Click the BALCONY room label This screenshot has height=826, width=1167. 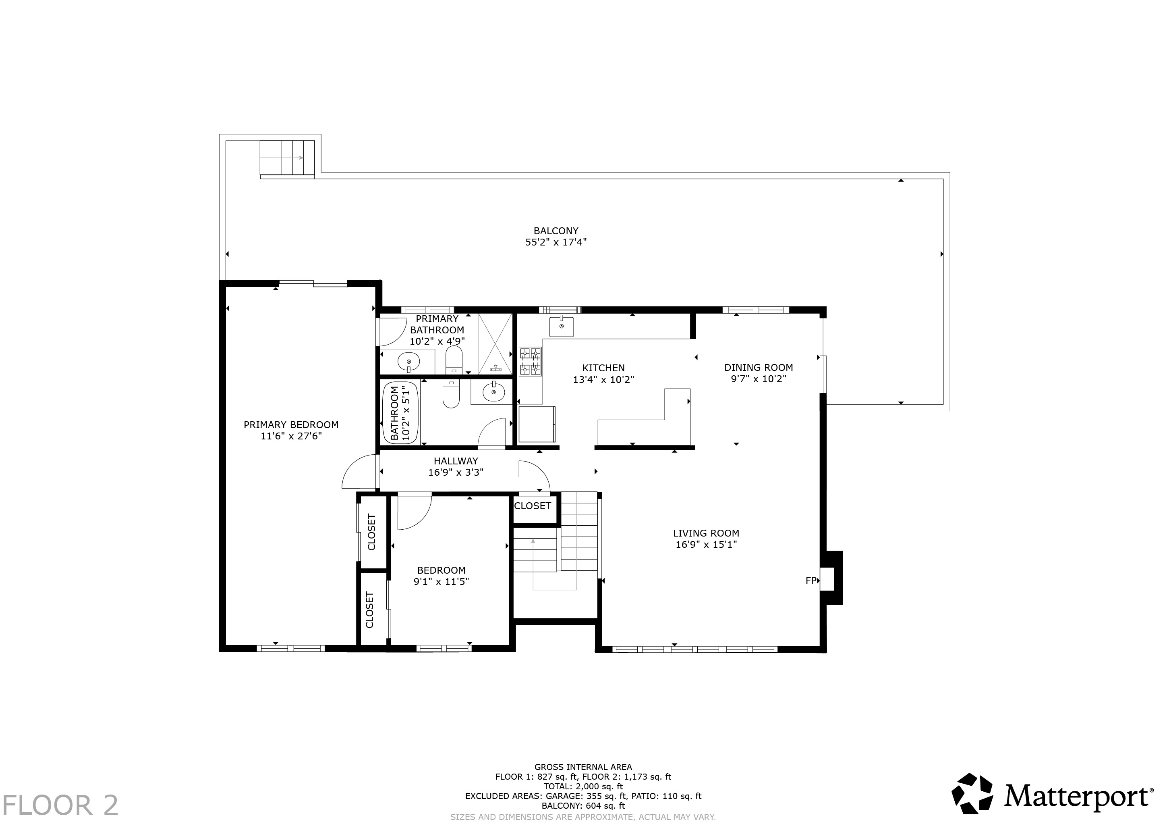556,231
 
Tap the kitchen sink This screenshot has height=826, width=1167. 561,327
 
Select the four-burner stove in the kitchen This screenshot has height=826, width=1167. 531,361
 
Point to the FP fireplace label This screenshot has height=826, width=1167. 811,580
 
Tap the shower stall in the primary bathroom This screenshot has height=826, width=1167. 495,344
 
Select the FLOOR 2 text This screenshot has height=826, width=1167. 60,805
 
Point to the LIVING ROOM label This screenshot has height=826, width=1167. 706,533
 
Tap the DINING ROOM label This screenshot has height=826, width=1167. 759,367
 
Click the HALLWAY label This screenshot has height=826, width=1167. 456,461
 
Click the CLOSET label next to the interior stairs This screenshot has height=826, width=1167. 532,506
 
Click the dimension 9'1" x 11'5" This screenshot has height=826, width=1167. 441,581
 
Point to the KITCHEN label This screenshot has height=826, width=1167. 603,368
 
